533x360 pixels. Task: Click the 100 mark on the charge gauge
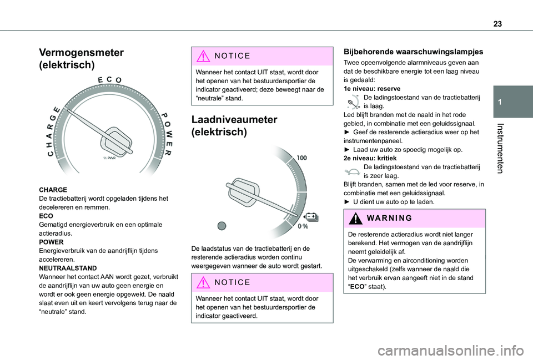pos(301,158)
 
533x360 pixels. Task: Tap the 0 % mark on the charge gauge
pos(303,227)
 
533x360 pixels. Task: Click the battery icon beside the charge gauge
pos(311,216)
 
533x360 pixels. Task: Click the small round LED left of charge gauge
pos(222,225)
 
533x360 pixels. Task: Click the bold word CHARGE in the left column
pos(54,190)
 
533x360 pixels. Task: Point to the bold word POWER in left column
pos(52,242)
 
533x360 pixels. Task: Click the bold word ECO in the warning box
pos(356,287)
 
